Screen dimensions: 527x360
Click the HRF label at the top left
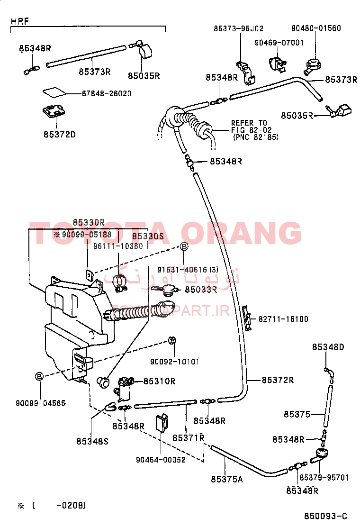click(19, 21)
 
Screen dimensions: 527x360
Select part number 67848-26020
click(99, 93)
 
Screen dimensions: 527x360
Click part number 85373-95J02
click(238, 28)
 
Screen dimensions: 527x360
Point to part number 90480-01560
click(316, 28)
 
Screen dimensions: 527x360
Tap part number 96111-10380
click(118, 246)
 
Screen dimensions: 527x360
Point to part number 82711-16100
click(283, 319)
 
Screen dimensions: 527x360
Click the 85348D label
click(328, 347)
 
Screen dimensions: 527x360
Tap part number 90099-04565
click(40, 403)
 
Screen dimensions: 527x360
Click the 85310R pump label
click(160, 381)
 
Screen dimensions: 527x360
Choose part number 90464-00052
click(161, 459)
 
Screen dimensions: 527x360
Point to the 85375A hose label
click(227, 479)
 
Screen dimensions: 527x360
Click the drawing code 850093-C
click(325, 516)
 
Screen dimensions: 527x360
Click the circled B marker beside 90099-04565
click(40, 376)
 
